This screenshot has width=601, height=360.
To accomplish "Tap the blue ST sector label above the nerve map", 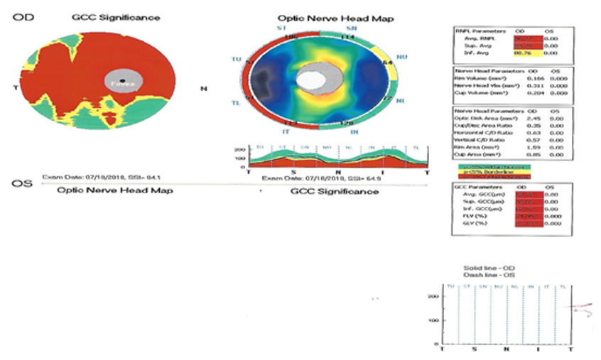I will [271, 28].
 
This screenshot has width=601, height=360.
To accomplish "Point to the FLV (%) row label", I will [467, 215].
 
